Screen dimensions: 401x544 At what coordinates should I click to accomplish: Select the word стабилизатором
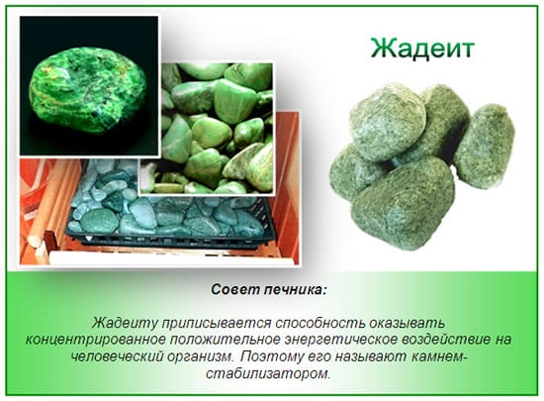pyautogui.click(x=272, y=373)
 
